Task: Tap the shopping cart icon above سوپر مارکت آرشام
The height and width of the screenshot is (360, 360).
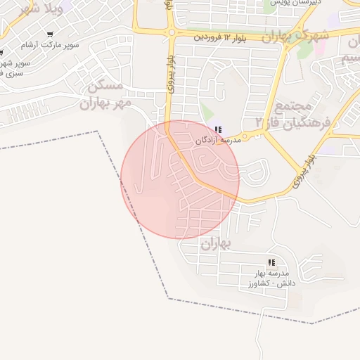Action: click(50, 34)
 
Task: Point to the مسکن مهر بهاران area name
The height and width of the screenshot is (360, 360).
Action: click(105, 95)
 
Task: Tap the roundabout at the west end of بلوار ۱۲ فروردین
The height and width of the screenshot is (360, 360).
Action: click(171, 32)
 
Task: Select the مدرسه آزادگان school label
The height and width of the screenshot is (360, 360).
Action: click(218, 141)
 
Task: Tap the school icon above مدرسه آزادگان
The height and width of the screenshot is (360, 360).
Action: click(219, 129)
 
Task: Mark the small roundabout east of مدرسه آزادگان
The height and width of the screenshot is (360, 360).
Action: click(245, 136)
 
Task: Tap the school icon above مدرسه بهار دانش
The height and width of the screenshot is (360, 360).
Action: click(271, 263)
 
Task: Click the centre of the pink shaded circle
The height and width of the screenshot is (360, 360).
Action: click(180, 179)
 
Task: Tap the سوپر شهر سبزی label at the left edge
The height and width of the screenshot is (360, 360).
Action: click(11, 68)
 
